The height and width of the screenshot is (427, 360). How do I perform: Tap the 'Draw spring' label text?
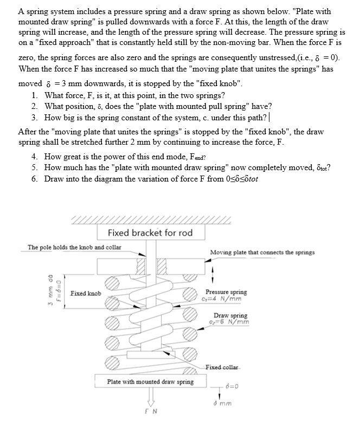click(230, 315)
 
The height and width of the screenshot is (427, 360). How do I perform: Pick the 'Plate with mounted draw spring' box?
click(150, 382)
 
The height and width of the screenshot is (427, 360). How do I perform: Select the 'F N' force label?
click(151, 413)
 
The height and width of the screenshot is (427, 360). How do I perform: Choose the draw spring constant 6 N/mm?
click(231, 322)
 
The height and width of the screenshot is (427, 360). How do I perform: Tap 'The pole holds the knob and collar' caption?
click(75, 248)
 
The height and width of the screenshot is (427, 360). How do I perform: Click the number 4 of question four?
click(34, 158)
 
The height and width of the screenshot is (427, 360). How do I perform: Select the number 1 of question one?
click(34, 95)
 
